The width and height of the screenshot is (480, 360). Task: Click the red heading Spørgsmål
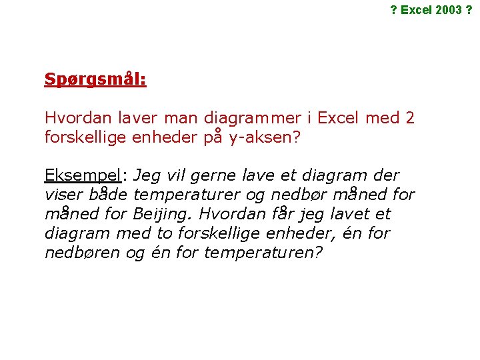[x=95, y=79]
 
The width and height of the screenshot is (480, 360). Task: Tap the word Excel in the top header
[x=415, y=10]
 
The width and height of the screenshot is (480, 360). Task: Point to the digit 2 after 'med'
[x=409, y=118]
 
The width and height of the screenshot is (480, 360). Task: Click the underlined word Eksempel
[x=83, y=176]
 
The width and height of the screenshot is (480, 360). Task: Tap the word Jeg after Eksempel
[x=147, y=176]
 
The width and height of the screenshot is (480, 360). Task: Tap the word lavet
[x=349, y=214]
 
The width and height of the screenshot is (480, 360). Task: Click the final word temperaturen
[x=258, y=253]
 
